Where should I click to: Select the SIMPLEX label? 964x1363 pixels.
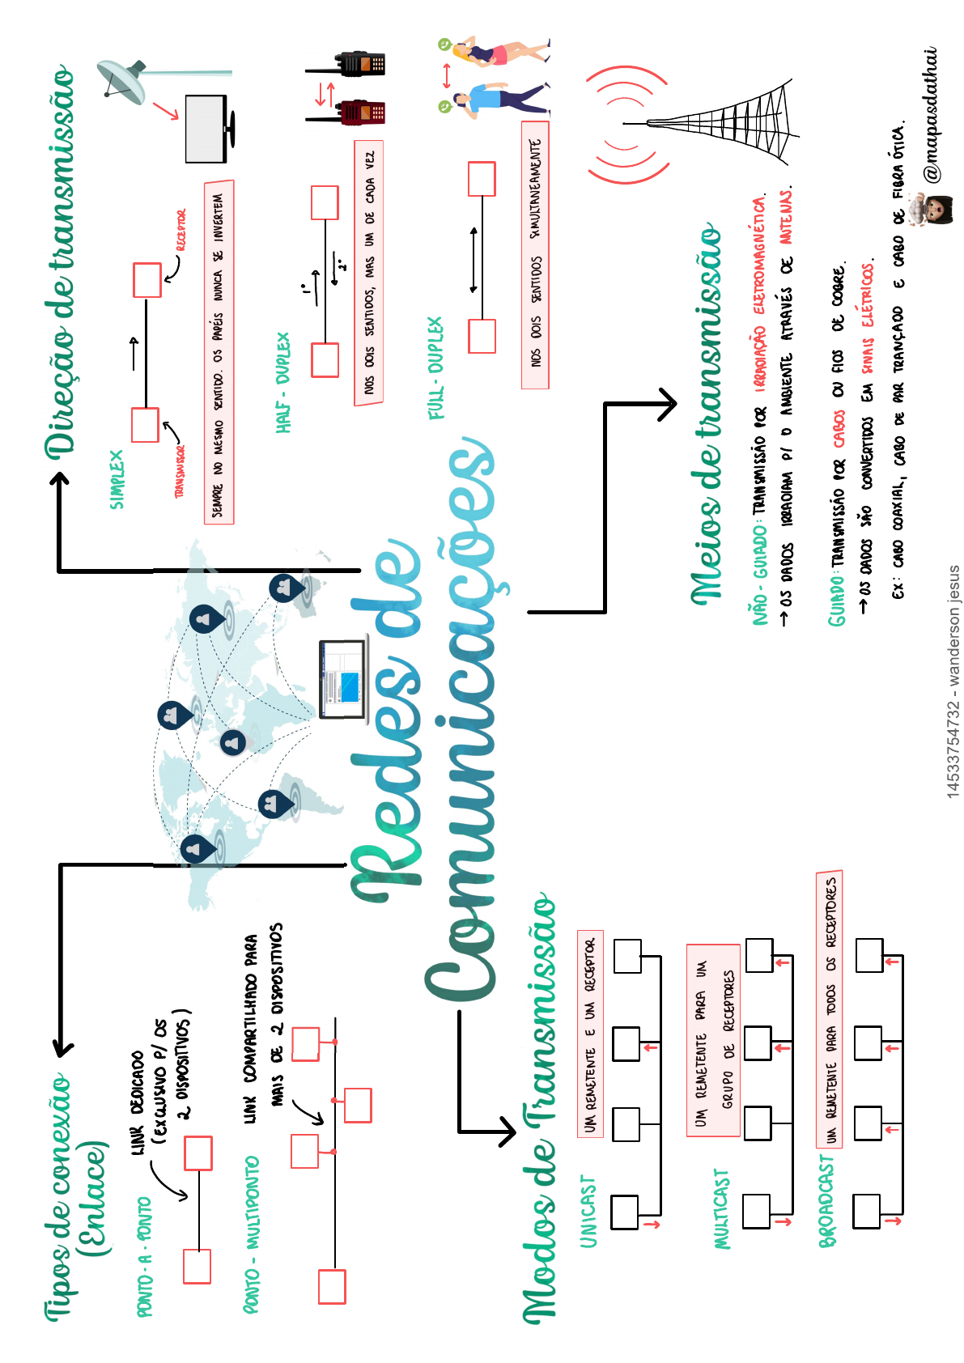click(x=117, y=479)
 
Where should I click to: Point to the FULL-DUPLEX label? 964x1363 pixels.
click(x=435, y=368)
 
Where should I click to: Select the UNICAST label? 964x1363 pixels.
click(x=588, y=1211)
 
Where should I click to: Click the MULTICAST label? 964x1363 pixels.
click(x=721, y=1208)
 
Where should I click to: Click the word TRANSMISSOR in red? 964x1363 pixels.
click(x=180, y=471)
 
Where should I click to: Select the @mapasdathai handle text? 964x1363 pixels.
click(x=931, y=113)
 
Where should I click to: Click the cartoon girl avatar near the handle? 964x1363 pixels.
click(x=930, y=211)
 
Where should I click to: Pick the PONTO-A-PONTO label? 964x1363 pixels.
click(x=144, y=1257)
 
